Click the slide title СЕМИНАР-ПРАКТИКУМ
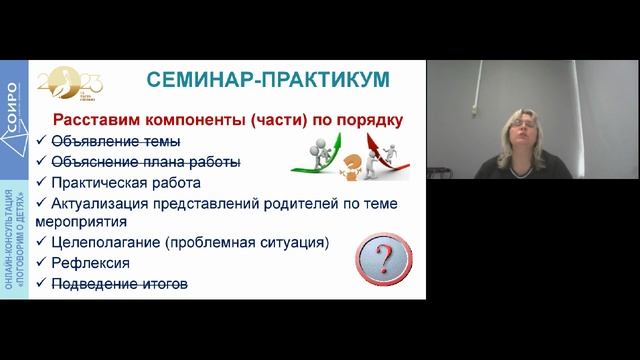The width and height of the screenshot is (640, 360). pos(267,80)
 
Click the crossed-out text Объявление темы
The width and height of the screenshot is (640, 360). pos(116,141)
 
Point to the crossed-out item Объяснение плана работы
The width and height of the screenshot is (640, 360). pos(146,162)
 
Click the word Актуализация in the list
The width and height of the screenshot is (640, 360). pos(104,204)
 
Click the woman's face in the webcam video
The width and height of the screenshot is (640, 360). pos(522,134)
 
